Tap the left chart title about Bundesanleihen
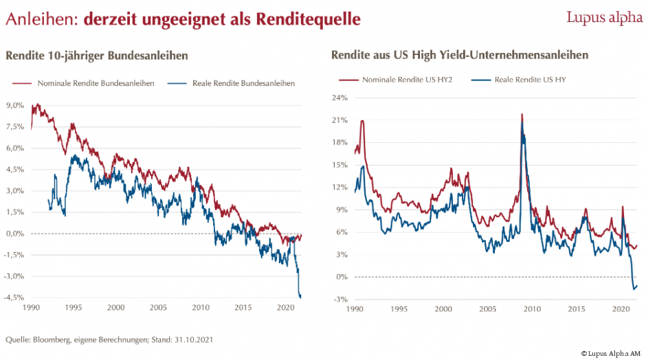[x=97, y=55]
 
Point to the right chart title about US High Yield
[x=460, y=55]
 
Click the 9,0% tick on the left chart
[x=15, y=105]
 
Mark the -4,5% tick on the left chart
[x=14, y=297]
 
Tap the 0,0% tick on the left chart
[x=15, y=234]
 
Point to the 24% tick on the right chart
[x=340, y=98]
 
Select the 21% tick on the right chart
[x=340, y=120]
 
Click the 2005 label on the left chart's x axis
[x=158, y=308]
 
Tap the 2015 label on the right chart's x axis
[x=572, y=310]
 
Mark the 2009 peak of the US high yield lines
[x=522, y=115]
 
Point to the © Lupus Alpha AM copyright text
[x=610, y=353]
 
